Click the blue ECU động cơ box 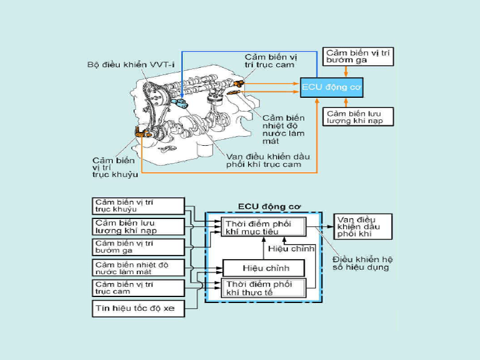click(331, 88)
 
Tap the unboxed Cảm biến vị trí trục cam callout click(269, 61)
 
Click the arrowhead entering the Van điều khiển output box click(330, 227)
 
